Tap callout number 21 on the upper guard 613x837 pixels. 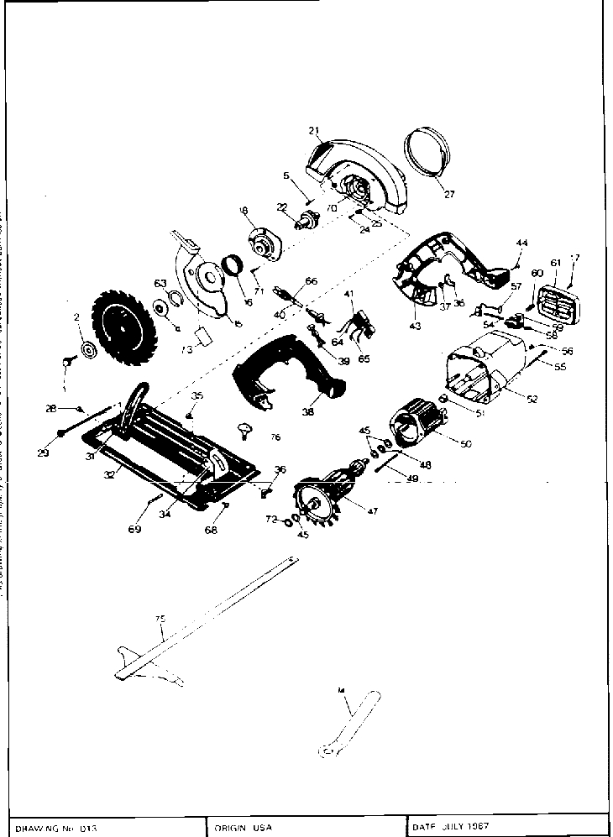tap(315, 131)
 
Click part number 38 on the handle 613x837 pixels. tap(307, 412)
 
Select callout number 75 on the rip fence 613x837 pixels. tap(160, 619)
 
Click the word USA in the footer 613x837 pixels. tap(262, 827)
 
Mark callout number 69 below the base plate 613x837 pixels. tap(134, 530)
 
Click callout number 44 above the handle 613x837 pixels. tap(521, 243)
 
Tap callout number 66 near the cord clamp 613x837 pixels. tap(311, 281)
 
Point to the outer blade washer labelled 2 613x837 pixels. tap(86, 349)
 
